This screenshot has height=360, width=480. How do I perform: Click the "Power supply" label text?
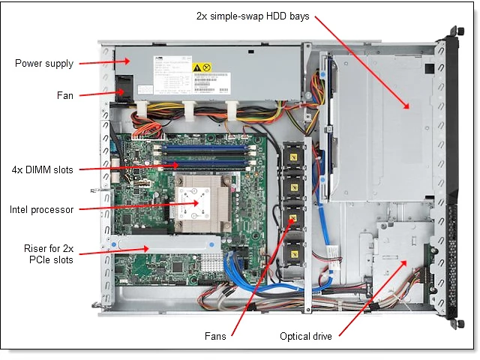point(44,63)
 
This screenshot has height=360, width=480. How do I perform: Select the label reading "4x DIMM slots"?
point(42,169)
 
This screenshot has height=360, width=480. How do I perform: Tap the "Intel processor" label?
point(42,209)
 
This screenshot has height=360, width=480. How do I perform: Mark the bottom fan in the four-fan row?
point(292,250)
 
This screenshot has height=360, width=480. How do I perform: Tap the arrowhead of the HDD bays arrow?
point(409,108)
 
